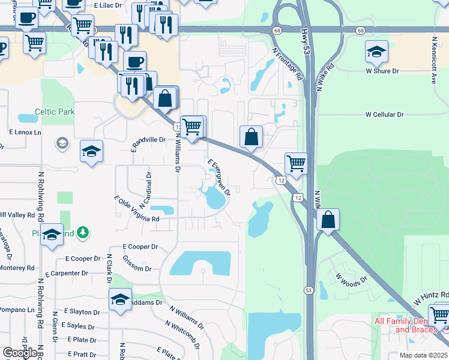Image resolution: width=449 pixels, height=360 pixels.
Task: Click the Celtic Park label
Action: point(55,112)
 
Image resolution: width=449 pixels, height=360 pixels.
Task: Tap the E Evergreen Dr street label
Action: point(219,177)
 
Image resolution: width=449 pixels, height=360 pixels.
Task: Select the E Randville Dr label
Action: point(148,140)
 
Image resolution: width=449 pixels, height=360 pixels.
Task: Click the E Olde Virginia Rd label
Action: point(136,209)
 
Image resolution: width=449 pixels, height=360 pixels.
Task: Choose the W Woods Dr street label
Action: point(351,287)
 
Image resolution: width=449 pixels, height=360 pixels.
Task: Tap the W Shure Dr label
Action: point(382,71)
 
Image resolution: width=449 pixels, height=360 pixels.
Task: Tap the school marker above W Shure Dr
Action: point(376,52)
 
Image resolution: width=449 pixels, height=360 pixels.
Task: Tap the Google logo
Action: point(19,353)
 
